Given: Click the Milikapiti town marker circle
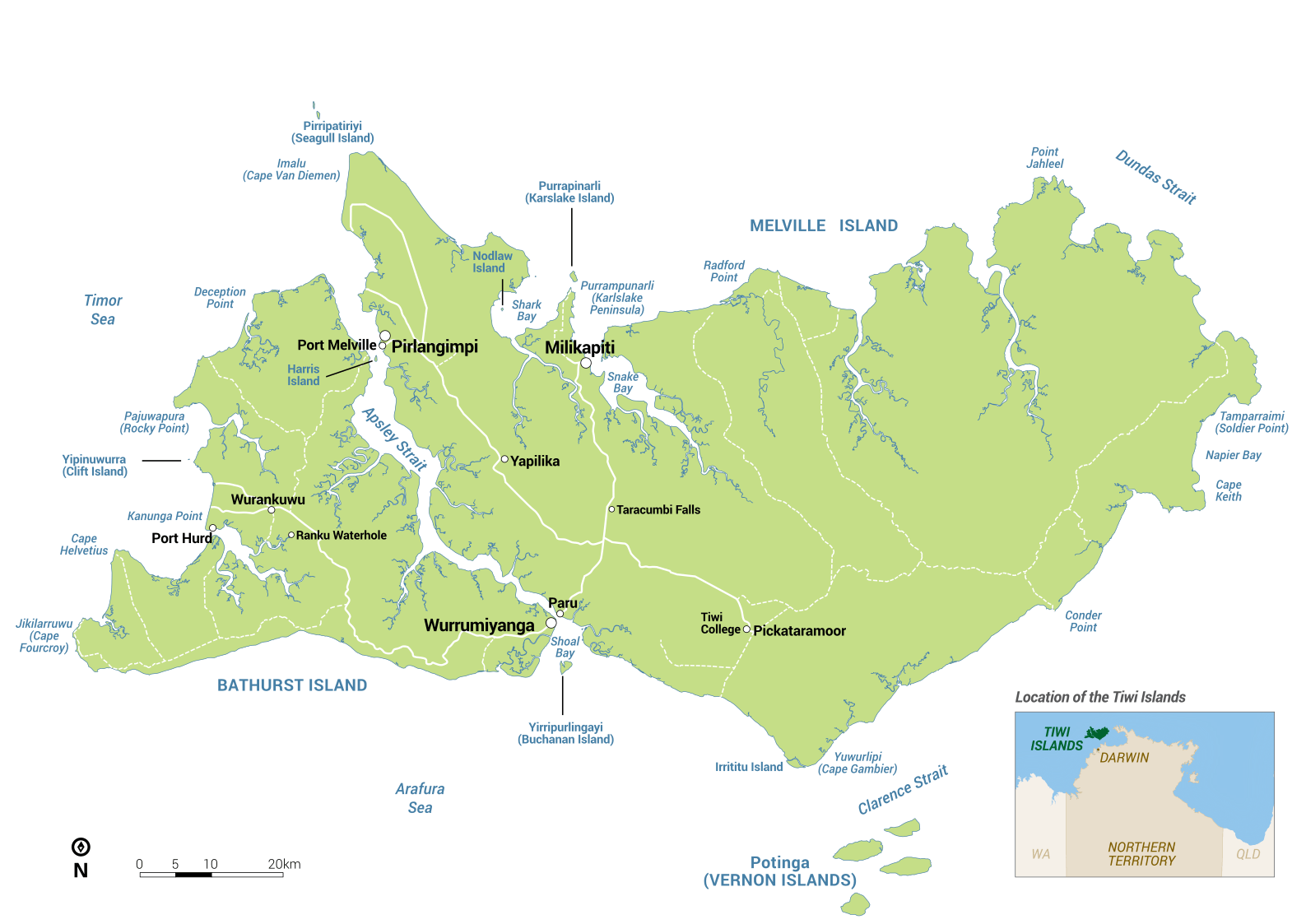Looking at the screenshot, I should pos(586,363).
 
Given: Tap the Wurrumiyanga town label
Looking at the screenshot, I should pos(479,626).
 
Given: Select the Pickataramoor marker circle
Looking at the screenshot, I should pos(746,629).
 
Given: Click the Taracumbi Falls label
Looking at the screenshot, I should pos(658,510).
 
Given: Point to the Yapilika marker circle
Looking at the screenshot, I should pos(504,459).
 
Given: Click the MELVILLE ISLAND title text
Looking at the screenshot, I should pos(823,225).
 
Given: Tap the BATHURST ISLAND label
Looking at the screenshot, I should pos(292,685).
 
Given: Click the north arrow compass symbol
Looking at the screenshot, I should pos(81,847).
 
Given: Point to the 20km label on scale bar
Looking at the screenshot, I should pos(284,864).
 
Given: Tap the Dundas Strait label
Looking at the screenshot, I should pos(1155,177).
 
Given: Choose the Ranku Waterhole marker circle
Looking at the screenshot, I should pos(291,535).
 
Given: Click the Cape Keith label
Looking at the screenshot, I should pos(1228,490).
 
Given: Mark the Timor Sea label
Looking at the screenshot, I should pos(103,309).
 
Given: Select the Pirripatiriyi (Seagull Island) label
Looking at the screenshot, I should pos(332,132).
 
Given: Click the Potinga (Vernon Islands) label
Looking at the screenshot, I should pos(779,871).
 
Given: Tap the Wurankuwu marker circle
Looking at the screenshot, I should pos(272,510).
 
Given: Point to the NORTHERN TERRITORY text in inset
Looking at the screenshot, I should pos(1141,853).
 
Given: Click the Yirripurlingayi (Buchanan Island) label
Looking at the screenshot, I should pos(565,733).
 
